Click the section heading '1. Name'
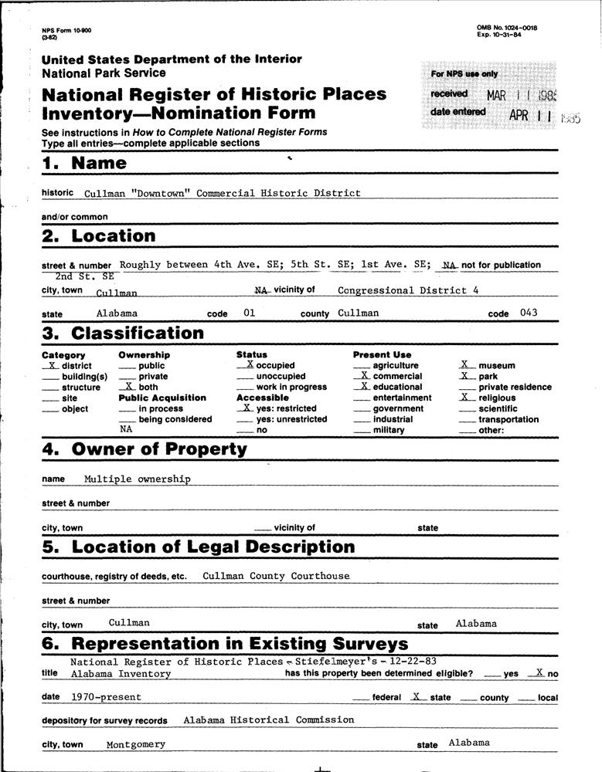83,163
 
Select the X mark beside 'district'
52,364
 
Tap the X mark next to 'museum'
464,364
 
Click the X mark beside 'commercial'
364,375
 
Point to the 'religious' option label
497,398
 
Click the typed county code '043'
528,313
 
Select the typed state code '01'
248,313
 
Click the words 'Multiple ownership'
138,479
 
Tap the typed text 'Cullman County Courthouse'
276,576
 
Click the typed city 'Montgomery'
136,744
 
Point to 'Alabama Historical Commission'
269,720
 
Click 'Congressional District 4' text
403,290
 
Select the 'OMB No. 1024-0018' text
507,28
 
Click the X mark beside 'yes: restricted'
246,407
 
